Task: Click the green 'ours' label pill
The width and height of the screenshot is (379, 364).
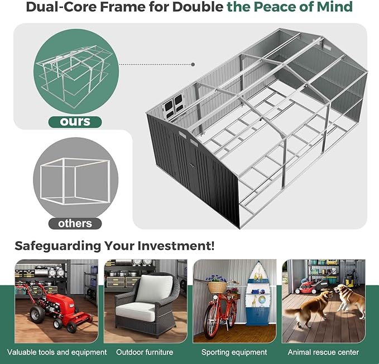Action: click(x=75, y=122)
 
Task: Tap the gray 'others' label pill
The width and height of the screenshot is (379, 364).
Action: click(x=75, y=224)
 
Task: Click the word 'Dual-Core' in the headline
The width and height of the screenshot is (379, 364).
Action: click(x=61, y=7)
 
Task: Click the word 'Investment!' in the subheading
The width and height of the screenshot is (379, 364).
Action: click(x=176, y=246)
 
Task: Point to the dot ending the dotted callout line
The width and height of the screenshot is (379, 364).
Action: click(x=193, y=65)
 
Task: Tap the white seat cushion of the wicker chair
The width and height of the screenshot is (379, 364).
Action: click(x=135, y=312)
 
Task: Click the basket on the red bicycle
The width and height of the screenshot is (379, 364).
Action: click(x=217, y=287)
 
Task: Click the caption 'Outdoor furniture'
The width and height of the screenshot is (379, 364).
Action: click(x=145, y=352)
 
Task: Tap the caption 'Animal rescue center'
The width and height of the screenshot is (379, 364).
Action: click(x=323, y=352)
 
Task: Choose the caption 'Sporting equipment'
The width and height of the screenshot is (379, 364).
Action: click(x=234, y=352)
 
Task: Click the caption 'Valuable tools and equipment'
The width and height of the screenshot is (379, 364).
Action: click(x=57, y=352)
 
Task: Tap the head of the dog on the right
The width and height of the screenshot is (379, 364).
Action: click(x=339, y=288)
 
